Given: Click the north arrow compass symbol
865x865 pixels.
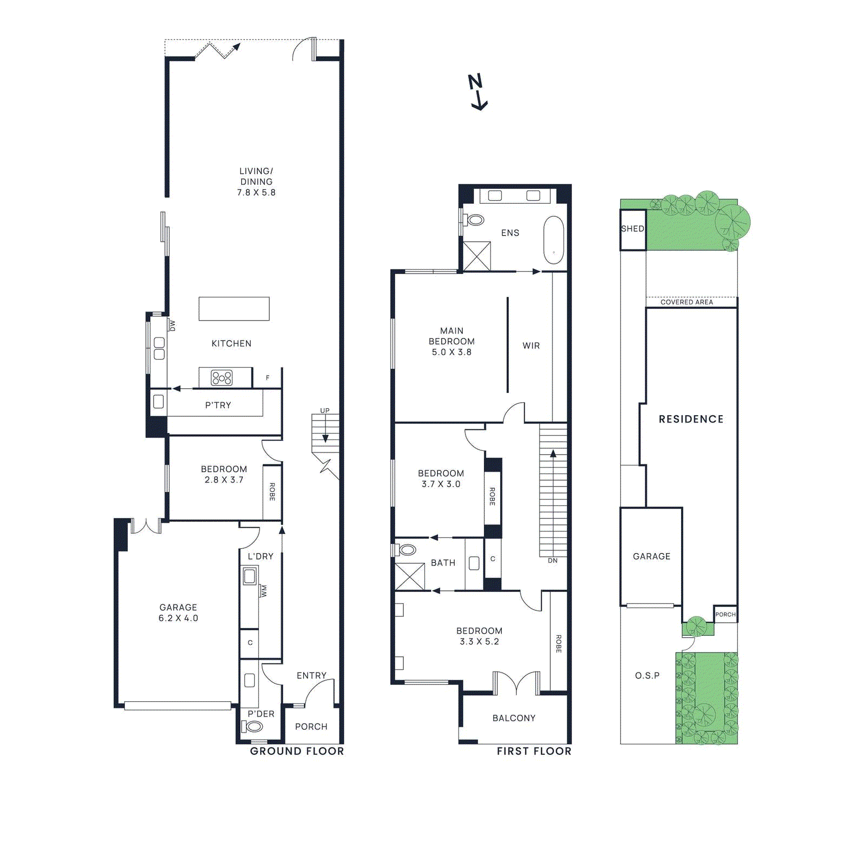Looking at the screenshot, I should point(477,92).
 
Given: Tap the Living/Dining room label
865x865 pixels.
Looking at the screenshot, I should point(256,182).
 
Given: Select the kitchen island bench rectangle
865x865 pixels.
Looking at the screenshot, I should point(234,309).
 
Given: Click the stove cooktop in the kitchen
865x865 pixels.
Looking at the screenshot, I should point(222,377).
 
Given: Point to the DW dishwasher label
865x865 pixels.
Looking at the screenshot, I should point(172,325).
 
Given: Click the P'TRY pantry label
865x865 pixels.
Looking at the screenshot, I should point(218,405).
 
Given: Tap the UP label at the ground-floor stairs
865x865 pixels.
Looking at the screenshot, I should point(324,410).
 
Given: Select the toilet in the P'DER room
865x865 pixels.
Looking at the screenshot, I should point(253,727).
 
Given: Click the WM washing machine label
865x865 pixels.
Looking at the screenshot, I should point(263,590).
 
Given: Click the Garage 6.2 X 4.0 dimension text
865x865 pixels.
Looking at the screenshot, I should point(178,618).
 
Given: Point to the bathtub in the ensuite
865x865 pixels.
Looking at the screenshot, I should point(554,239).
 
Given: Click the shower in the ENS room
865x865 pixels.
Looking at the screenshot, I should point(477,256).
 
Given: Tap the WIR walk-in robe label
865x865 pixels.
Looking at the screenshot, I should point(531,345).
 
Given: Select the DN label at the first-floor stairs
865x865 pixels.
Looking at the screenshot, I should point(553,561).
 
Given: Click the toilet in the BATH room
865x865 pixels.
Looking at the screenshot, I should point(407,550).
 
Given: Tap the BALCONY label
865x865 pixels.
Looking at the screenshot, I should point(514,718).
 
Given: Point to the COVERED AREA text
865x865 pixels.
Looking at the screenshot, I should point(687,302).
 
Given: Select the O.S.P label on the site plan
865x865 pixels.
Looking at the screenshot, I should point(647,675).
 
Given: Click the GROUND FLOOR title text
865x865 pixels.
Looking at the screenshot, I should point(297,751).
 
